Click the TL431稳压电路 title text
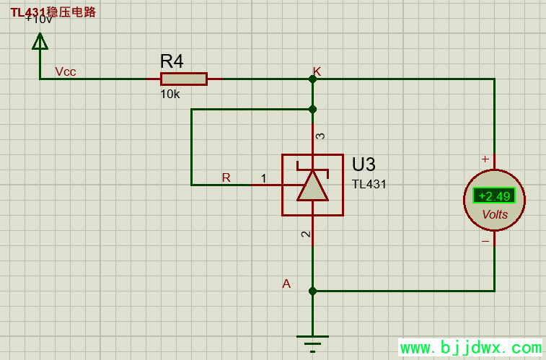pyautogui.click(x=53, y=12)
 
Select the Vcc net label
pyautogui.click(x=66, y=71)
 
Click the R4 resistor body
pyautogui.click(x=183, y=79)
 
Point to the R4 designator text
pyautogui.click(x=172, y=61)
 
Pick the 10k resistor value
pyautogui.click(x=169, y=94)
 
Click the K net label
pyautogui.click(x=317, y=71)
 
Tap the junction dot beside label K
pyautogui.click(x=312, y=79)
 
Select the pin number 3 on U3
pyautogui.click(x=320, y=136)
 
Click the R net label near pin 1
pyautogui.click(x=226, y=177)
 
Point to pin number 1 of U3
pyautogui.click(x=263, y=178)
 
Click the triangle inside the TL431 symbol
pyautogui.click(x=312, y=186)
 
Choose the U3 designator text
pyautogui.click(x=364, y=164)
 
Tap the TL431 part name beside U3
pyautogui.click(x=369, y=184)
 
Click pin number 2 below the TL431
pyautogui.click(x=306, y=234)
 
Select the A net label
pyautogui.click(x=286, y=284)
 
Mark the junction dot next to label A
pyautogui.click(x=312, y=291)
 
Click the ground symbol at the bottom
pyautogui.click(x=312, y=341)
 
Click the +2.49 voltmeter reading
pyautogui.click(x=494, y=196)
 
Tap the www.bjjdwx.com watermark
pyautogui.click(x=470, y=348)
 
